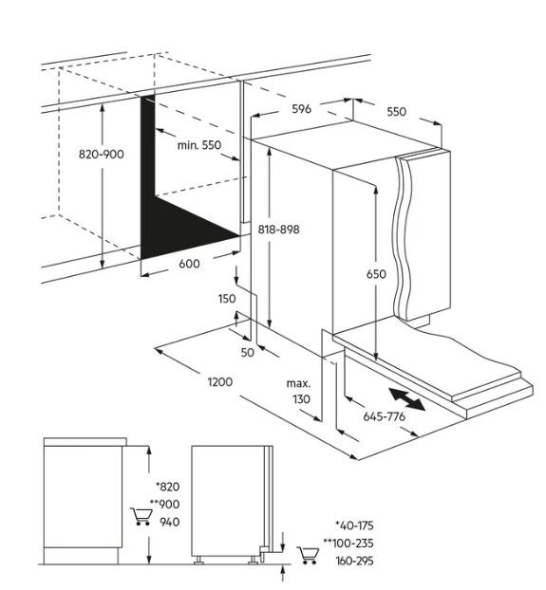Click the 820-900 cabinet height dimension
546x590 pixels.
(x=101, y=155)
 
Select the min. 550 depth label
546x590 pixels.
(x=199, y=145)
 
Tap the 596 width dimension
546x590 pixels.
(x=302, y=109)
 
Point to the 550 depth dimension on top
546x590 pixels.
(x=397, y=111)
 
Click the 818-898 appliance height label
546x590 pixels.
(x=278, y=230)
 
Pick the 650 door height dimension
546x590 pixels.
(x=376, y=274)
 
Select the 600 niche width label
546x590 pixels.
(x=189, y=264)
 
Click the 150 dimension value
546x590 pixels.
(x=227, y=299)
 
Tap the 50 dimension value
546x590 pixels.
(x=248, y=353)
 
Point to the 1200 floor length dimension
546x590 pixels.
(x=220, y=382)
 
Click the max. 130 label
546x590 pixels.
(x=299, y=392)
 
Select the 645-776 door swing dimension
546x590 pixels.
(x=384, y=416)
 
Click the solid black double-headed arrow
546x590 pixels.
(x=407, y=400)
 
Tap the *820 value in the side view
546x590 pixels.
(x=168, y=487)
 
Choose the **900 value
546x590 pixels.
(x=165, y=505)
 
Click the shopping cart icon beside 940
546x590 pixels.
(x=141, y=517)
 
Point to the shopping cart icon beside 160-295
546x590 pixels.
(x=308, y=556)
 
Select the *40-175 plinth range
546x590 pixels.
(x=354, y=525)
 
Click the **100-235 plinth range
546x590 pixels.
(x=348, y=543)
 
